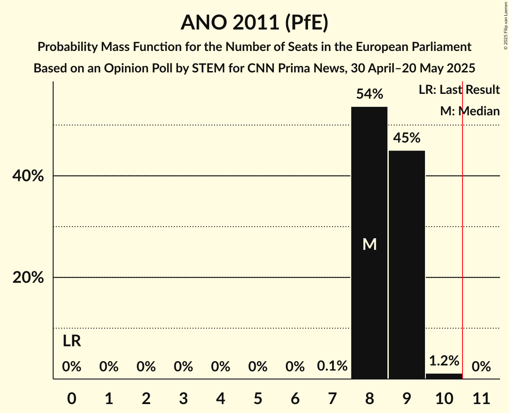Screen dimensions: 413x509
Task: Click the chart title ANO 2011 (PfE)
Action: pos(254,23)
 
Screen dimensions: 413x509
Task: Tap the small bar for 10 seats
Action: pos(444,376)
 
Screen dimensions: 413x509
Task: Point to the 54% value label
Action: pos(369,94)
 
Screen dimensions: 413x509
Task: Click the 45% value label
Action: pos(407,138)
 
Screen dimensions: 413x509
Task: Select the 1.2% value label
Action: pos(444,361)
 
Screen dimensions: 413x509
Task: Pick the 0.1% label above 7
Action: pos(332,367)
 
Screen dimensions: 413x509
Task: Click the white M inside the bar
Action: pos(369,244)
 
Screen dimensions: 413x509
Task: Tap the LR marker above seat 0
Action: pos(72,341)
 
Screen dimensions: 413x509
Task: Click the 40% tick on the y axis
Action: pos(28,177)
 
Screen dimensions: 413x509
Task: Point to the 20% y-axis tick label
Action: pos(28,278)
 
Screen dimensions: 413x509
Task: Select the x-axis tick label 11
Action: pos(481,398)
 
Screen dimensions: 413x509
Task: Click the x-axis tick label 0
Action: pos(72,398)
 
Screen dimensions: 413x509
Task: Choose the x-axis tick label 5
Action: pos(258,398)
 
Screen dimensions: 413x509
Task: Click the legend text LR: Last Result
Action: pos(459,90)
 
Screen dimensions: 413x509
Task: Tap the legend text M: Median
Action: pos(470,111)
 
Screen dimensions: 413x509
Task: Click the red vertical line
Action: pos(463,232)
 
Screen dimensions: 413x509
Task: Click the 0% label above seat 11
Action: pos(481,367)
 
